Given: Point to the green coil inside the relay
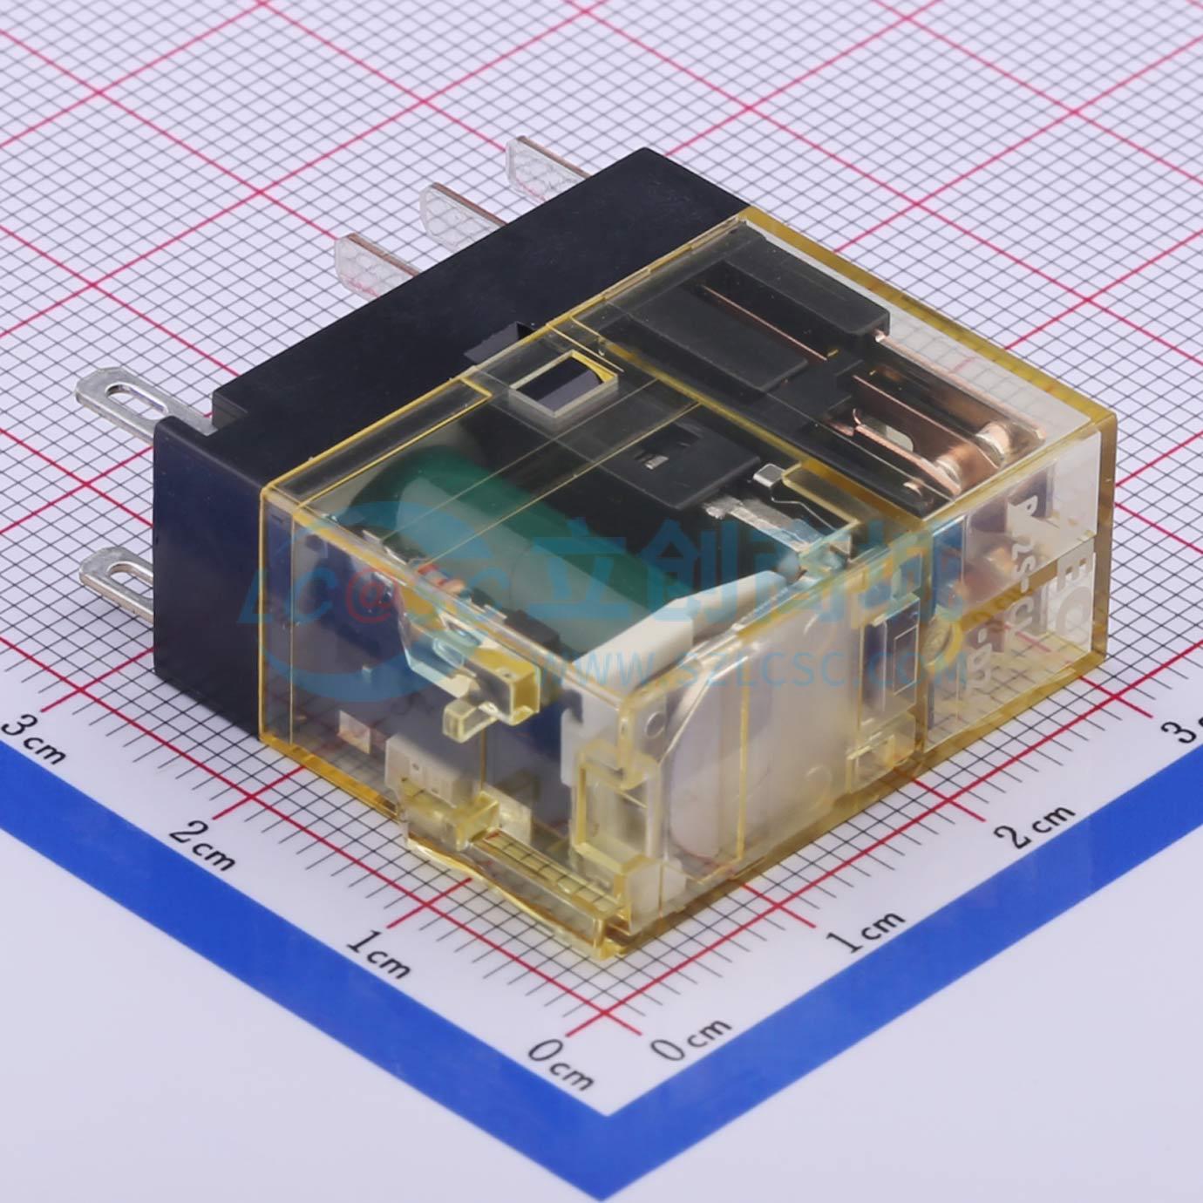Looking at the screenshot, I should (453, 506).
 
